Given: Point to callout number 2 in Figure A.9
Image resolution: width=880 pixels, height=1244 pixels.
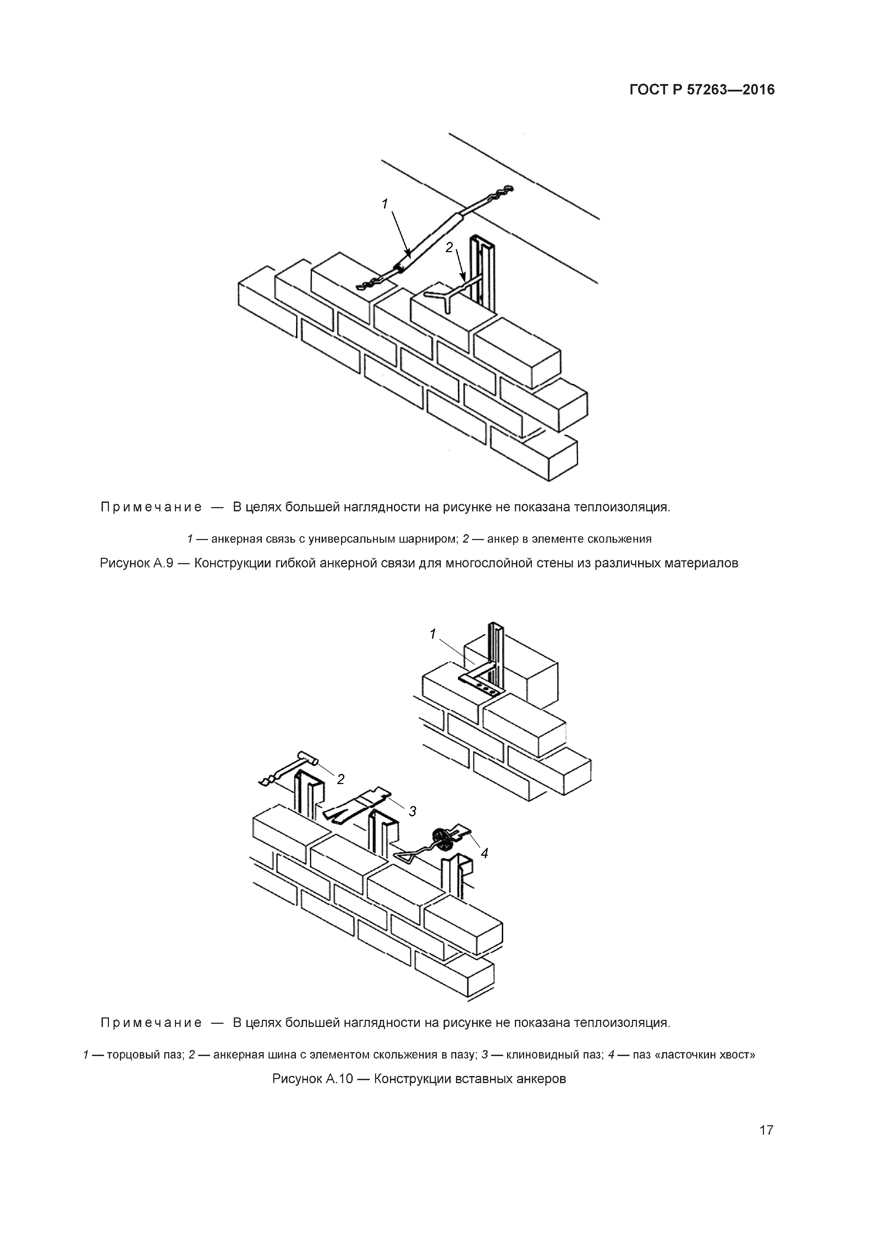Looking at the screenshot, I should tap(449, 247).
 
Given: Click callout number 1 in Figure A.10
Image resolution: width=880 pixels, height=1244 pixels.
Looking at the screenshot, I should tap(433, 634).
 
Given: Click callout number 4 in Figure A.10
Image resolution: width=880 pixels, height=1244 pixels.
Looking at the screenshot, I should tap(484, 853).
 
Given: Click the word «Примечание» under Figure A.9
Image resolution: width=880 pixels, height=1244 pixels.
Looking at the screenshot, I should tap(151, 508).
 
